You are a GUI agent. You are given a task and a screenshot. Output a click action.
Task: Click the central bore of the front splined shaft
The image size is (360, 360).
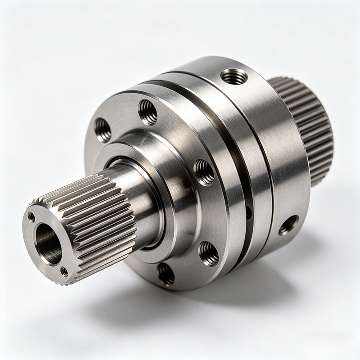[48, 243]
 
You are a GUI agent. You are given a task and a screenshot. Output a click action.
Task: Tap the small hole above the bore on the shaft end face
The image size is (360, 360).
[31, 217]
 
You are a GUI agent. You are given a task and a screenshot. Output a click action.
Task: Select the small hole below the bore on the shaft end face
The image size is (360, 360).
[64, 272]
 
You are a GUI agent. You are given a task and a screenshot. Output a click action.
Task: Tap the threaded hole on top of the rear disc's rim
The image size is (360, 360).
[234, 76]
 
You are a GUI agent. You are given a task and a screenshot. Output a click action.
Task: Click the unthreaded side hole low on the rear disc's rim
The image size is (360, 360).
[288, 225]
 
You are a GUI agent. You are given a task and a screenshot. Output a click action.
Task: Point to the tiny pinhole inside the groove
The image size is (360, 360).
[249, 212]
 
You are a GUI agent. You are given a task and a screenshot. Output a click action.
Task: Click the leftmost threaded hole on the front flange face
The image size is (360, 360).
[103, 130]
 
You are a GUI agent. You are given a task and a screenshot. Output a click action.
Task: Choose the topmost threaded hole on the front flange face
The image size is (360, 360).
[148, 112]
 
